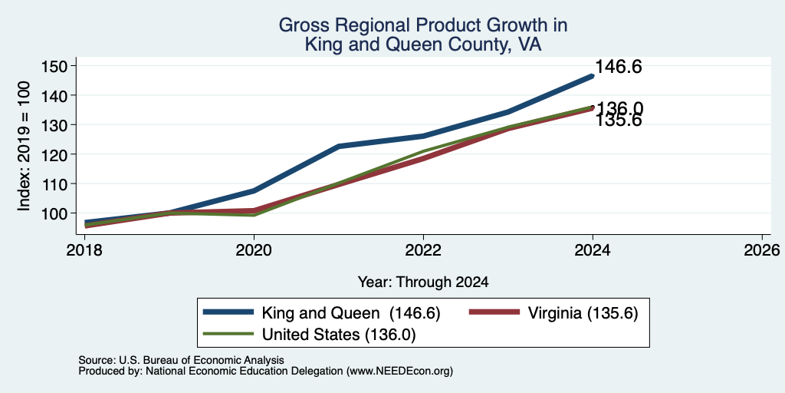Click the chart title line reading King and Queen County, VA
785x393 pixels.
[x=423, y=45]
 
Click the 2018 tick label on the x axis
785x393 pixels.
[x=84, y=249]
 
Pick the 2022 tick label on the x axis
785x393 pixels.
[x=423, y=249]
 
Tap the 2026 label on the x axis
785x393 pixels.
[x=762, y=249]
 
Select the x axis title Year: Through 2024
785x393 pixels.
[x=423, y=282]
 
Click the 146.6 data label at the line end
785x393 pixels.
[x=619, y=68]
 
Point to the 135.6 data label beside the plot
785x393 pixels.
[x=619, y=121]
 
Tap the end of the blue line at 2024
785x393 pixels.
[x=593, y=76]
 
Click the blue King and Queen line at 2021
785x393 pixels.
[x=339, y=147]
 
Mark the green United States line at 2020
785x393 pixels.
[x=254, y=215]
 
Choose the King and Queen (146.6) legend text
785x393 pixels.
[x=350, y=314]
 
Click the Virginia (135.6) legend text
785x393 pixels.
[x=583, y=314]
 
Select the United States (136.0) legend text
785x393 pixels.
[x=339, y=335]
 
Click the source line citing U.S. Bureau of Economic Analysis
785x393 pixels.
[x=181, y=360]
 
